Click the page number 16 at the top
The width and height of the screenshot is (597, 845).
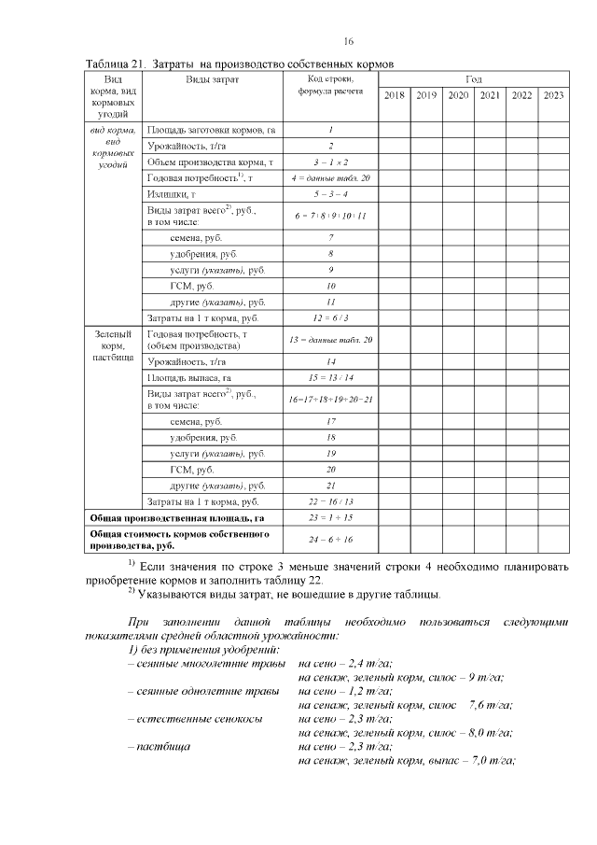click(x=349, y=41)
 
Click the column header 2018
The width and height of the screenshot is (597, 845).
click(x=394, y=95)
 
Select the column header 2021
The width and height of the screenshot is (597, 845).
click(x=490, y=95)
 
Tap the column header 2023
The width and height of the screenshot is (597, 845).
click(x=553, y=95)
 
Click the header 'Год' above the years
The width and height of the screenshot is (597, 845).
click(x=473, y=79)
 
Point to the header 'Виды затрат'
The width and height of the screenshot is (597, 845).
click(x=213, y=79)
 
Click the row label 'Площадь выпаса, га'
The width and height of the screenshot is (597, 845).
click(x=187, y=377)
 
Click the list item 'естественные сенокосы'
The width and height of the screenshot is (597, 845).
click(x=201, y=720)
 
